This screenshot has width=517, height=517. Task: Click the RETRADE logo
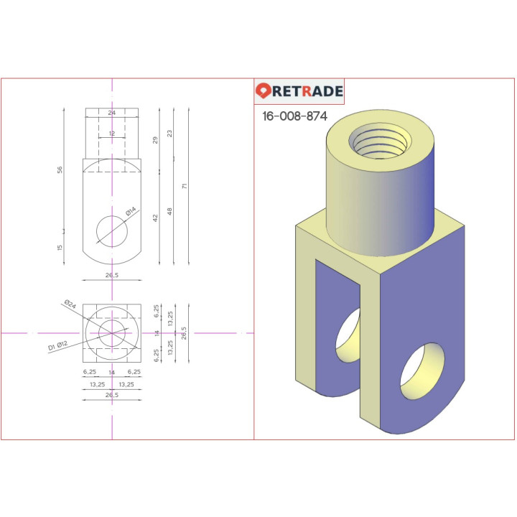(299, 91)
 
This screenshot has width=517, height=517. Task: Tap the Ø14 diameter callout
(130, 213)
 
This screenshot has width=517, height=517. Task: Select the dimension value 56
(60, 169)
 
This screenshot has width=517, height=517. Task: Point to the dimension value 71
(185, 186)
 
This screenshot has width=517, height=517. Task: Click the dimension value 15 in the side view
(60, 247)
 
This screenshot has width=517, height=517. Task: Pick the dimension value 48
(171, 211)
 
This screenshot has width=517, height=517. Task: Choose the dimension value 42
(156, 217)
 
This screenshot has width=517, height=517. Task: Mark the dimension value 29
(156, 139)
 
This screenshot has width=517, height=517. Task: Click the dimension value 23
(170, 134)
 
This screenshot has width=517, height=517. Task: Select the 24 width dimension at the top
(112, 113)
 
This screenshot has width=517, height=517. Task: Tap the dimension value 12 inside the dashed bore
(112, 134)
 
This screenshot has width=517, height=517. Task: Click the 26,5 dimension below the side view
(112, 274)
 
